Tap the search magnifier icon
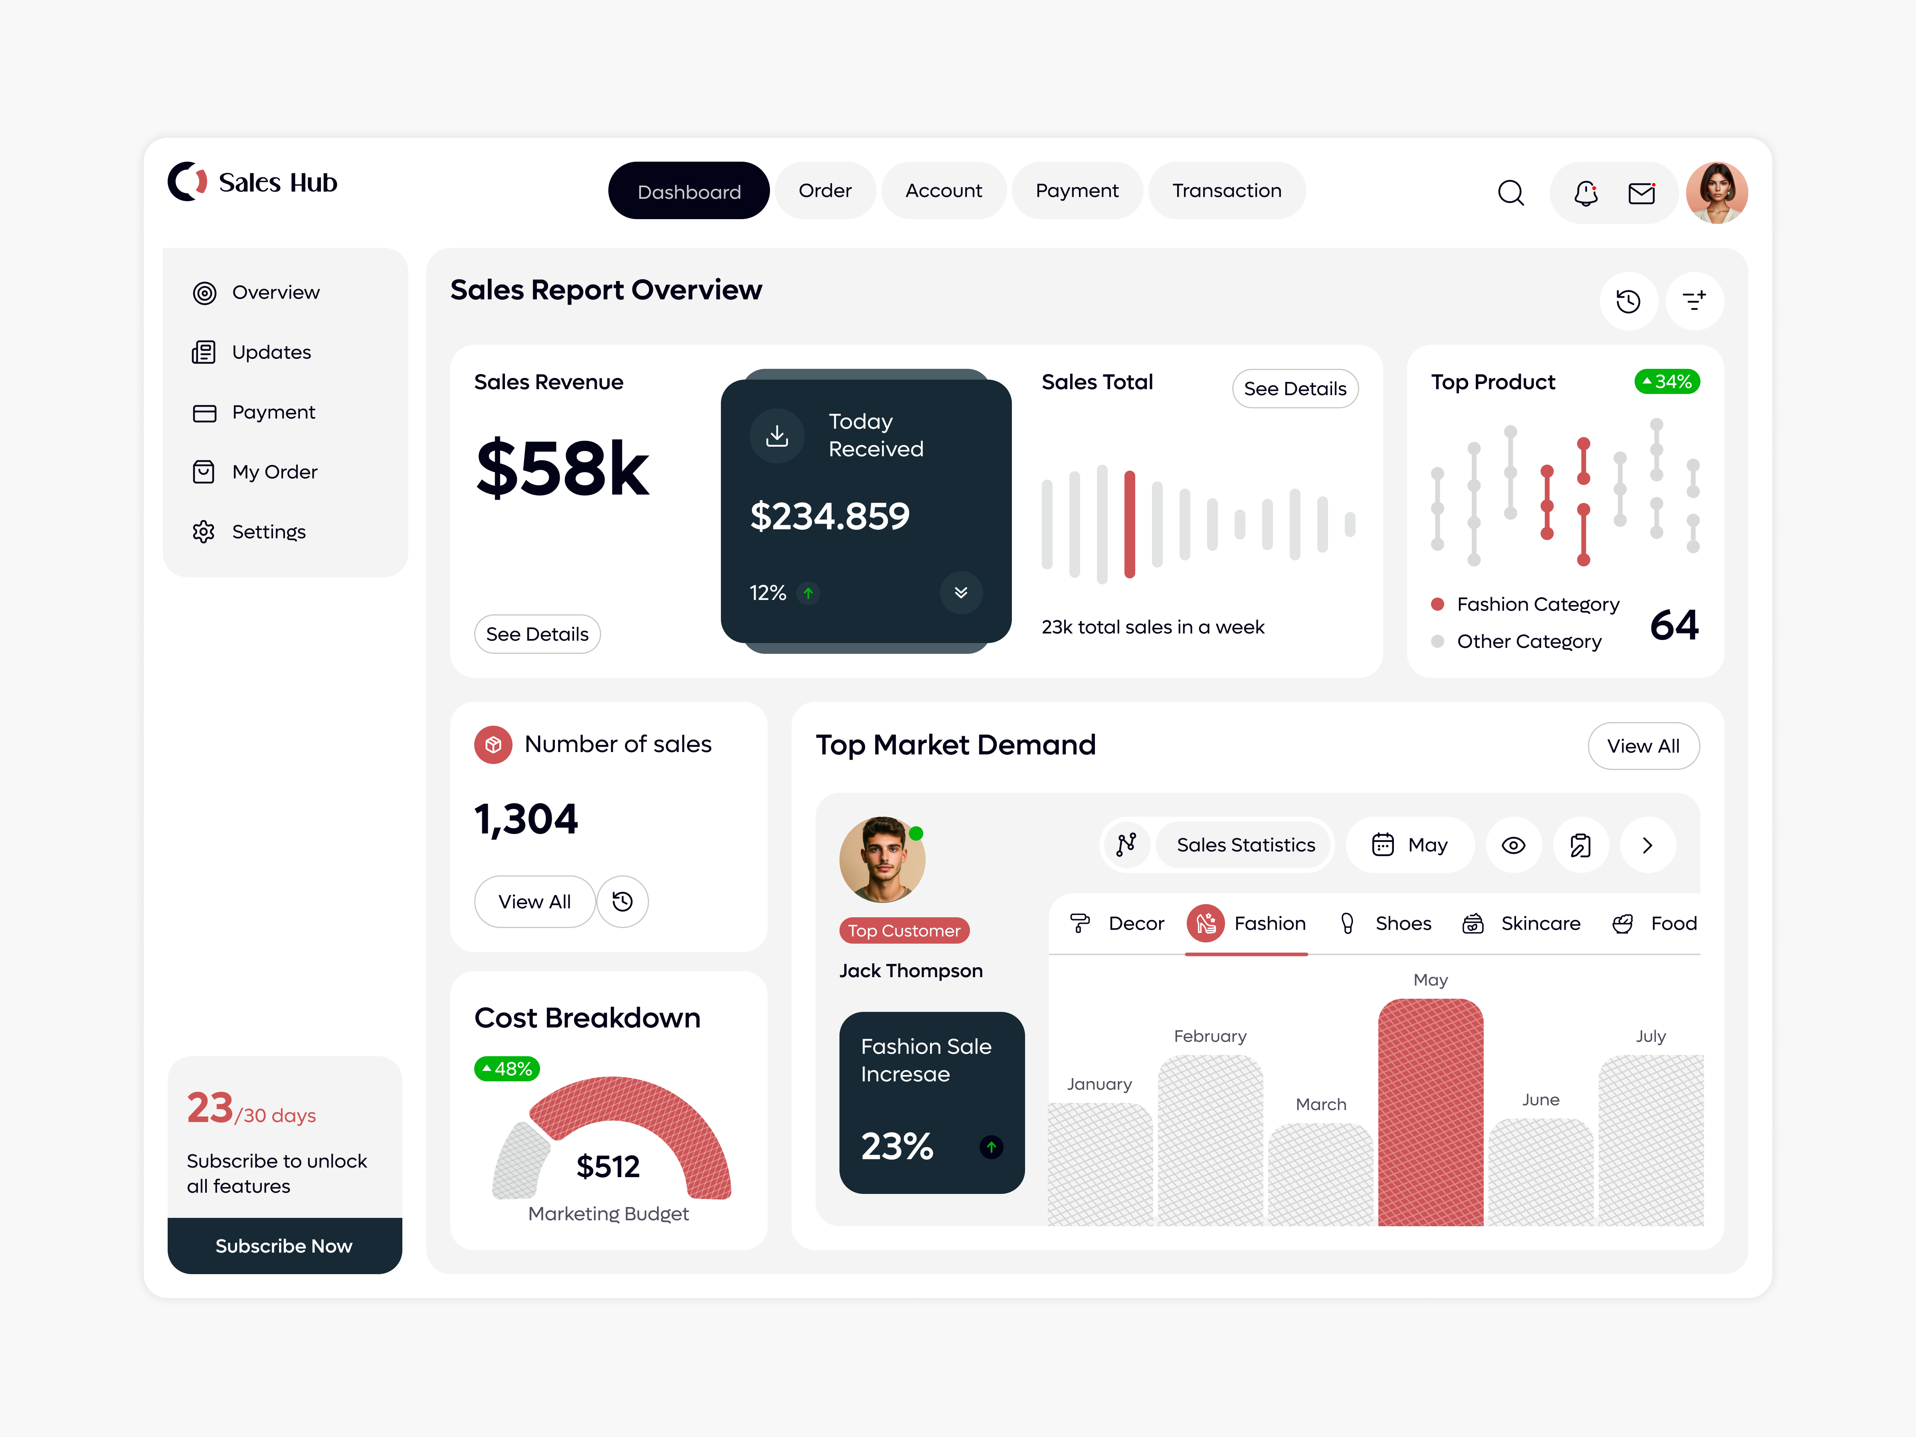pos(1510,192)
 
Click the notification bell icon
pos(1585,192)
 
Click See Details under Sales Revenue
pos(537,634)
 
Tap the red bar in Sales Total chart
pos(1130,524)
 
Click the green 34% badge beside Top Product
pos(1667,382)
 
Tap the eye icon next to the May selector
pos(1513,845)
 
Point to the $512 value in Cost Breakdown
pos(608,1167)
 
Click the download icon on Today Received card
pos(777,436)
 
